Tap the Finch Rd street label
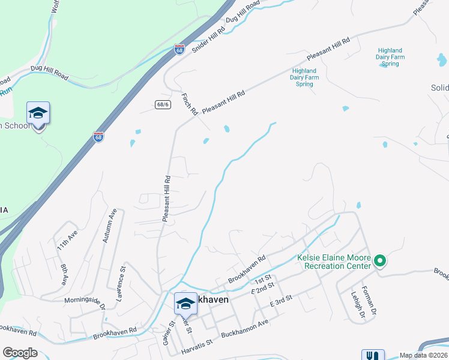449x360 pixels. tap(189, 103)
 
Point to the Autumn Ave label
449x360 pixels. tap(108, 226)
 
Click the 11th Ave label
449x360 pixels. tap(67, 239)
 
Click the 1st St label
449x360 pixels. tap(263, 281)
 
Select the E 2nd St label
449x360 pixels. tap(267, 290)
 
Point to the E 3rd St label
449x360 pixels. tap(282, 301)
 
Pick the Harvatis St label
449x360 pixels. tap(193, 343)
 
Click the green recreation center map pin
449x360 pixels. tap(379, 260)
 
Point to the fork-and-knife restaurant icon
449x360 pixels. tap(373, 356)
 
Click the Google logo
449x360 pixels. tap(20, 353)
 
